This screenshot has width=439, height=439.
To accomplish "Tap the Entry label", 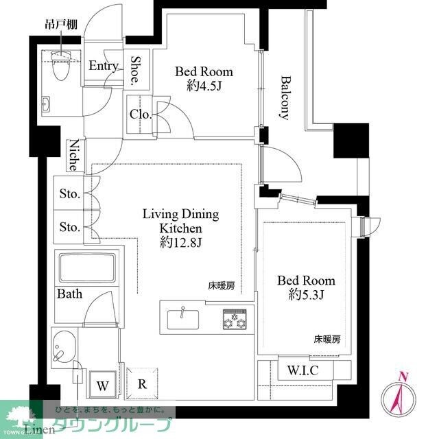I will pyautogui.click(x=104, y=66).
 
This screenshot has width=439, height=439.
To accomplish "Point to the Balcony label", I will pyautogui.click(x=284, y=97).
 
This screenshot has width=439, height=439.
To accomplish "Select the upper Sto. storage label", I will pyautogui.click(x=69, y=194).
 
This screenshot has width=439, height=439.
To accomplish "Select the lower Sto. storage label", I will pyautogui.click(x=69, y=226).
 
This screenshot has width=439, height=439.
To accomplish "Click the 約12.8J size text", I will pyautogui.click(x=180, y=242).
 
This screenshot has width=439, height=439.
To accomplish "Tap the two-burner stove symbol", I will pyautogui.click(x=234, y=319).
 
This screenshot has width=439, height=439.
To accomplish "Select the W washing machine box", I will pyautogui.click(x=102, y=385).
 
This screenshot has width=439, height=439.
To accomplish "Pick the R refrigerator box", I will pyautogui.click(x=141, y=384).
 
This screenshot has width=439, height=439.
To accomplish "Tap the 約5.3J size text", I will pyautogui.click(x=306, y=296).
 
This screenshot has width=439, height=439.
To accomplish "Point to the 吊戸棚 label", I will pyautogui.click(x=60, y=25).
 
